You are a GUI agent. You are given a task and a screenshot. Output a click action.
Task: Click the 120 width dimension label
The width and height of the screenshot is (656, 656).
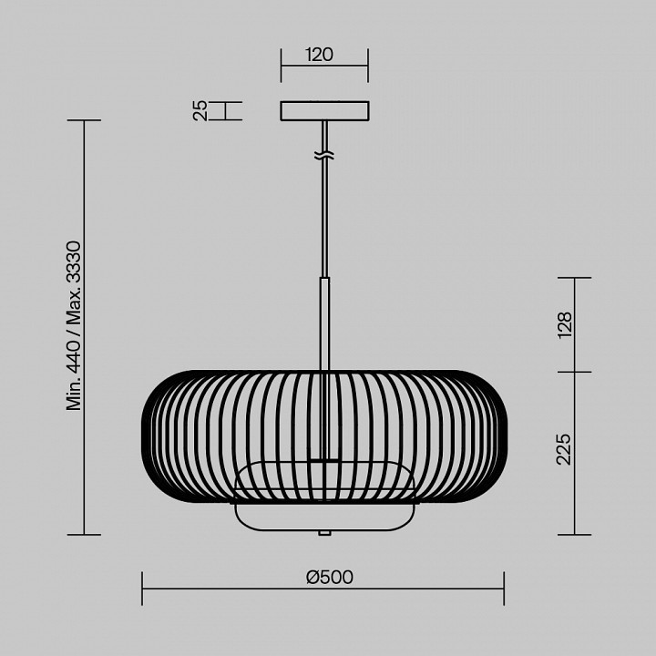(x=320, y=55)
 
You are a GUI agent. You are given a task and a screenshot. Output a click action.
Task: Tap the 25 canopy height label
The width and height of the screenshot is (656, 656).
(x=200, y=110)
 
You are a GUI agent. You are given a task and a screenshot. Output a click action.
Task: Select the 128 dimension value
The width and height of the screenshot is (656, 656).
(x=565, y=325)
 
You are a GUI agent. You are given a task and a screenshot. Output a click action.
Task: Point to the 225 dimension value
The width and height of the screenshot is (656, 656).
(x=564, y=449)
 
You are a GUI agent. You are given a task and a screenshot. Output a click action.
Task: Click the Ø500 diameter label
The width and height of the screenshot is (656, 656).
(x=330, y=578)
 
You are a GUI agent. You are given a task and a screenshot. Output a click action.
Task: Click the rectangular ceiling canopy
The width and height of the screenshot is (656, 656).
(x=324, y=111)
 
